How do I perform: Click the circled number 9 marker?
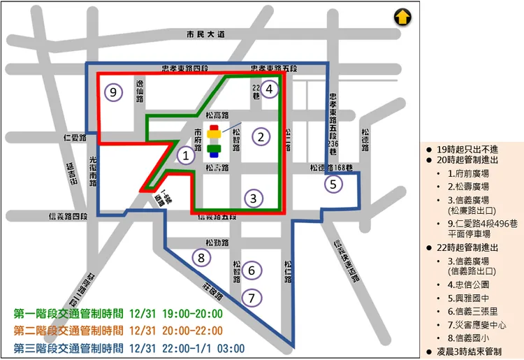[113, 92]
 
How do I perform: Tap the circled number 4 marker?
[270, 89]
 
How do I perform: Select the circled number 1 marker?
[185, 156]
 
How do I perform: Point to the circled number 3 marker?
[254, 198]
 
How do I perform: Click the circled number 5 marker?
[333, 185]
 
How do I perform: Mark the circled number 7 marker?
[252, 297]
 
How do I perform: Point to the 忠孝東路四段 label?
[185, 68]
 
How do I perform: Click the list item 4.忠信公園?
[468, 285]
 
